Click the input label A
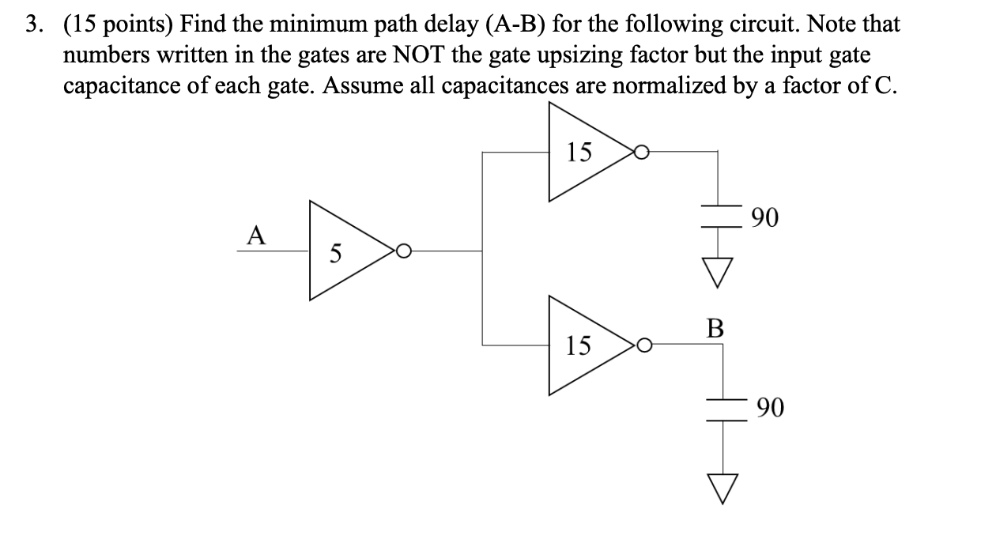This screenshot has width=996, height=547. click(x=255, y=235)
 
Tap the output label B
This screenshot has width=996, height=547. click(x=715, y=328)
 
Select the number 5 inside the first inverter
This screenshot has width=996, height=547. click(x=336, y=254)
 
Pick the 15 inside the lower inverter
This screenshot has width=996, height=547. click(x=579, y=345)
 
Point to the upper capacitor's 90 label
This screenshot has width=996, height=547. click(x=764, y=216)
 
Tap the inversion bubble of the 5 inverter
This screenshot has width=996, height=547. click(x=403, y=251)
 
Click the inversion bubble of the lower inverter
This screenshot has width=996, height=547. click(x=643, y=345)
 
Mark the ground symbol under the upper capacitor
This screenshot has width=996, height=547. click(x=718, y=273)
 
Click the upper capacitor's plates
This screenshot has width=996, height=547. click(x=718, y=217)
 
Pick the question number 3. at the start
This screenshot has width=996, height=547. click(x=32, y=25)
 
